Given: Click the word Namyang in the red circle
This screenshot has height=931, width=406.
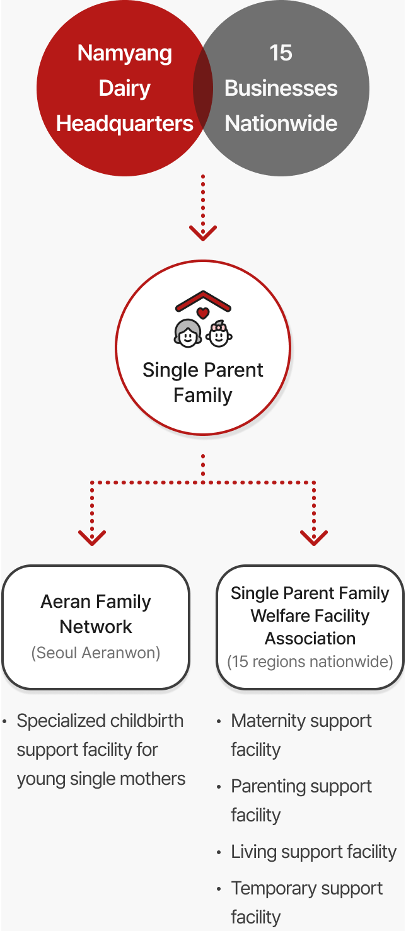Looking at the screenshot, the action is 124,54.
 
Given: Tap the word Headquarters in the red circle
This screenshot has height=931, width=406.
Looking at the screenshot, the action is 125,124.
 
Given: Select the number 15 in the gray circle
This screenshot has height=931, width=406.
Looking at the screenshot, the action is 281,53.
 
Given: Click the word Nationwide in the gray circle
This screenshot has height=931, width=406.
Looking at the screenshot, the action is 281,123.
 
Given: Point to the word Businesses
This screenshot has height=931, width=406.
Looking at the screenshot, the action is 281,88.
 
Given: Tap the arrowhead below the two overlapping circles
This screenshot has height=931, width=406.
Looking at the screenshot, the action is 203,233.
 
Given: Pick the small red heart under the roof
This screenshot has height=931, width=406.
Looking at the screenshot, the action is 203,313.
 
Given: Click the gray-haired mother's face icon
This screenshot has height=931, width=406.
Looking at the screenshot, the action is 188,333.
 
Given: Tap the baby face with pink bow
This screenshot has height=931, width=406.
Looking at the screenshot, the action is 219,334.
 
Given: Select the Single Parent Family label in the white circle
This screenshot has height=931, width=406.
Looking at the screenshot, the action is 203,382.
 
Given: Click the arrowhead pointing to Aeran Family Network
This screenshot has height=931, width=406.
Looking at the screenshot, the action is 92,538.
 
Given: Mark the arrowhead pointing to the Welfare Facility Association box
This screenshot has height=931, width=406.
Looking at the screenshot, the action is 314,538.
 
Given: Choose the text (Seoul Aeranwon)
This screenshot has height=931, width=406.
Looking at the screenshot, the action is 96,653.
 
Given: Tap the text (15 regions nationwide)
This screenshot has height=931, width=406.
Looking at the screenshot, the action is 310,661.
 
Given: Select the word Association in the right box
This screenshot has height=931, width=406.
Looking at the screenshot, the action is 310,639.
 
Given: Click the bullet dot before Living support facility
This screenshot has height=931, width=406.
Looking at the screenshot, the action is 219,853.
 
